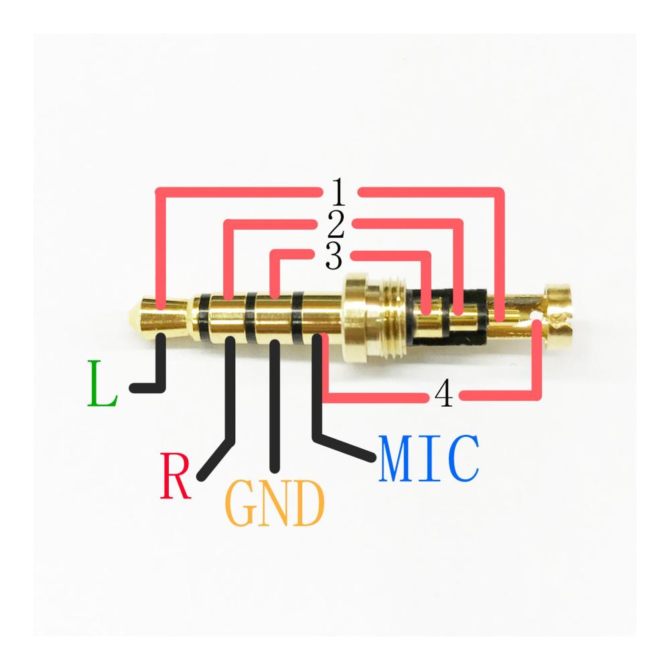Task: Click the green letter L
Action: (102, 384)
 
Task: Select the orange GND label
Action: (275, 504)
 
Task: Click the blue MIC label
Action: (429, 460)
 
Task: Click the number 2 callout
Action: (335, 226)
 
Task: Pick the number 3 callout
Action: (334, 257)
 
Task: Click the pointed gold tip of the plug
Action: (137, 314)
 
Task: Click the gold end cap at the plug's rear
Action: (559, 315)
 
